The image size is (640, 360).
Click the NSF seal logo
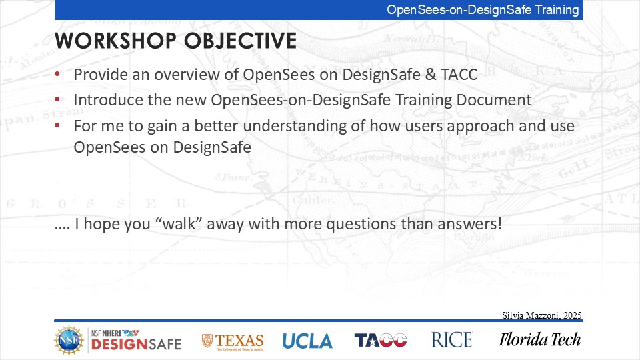pos(69,340)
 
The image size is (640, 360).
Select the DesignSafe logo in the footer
pos(136,340)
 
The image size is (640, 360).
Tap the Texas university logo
pos(233,341)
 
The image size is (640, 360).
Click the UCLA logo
pos(307,341)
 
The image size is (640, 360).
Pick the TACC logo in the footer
pos(381,340)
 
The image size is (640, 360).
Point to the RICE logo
pos(452,339)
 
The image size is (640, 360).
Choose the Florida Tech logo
pos(539,339)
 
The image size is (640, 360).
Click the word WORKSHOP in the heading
pos(115,41)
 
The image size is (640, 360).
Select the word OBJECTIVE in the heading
pos(241,41)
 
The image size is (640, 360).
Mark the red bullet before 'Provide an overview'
pos(57,74)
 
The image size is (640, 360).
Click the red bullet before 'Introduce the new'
pos(57,99)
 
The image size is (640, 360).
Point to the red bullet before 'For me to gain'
pos(57,125)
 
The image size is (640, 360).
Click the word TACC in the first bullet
pos(459,75)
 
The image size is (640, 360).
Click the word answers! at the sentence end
pos(469,224)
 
